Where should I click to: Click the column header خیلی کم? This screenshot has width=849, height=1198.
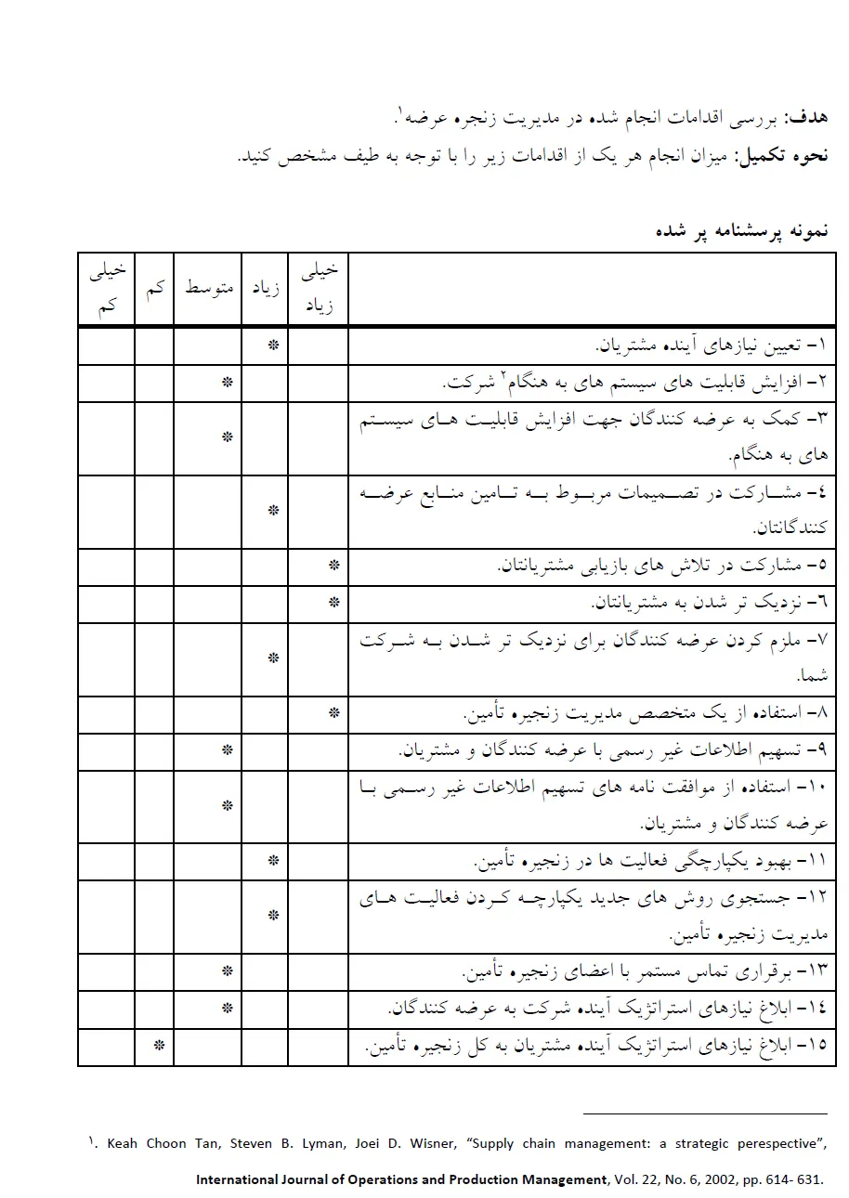[x=107, y=288]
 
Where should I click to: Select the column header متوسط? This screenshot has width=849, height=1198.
[x=208, y=288]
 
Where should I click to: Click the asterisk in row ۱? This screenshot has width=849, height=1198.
[x=273, y=345]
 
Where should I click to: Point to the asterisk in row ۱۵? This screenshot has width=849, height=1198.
[x=159, y=1047]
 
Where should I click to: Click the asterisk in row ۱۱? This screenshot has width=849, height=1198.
[x=273, y=861]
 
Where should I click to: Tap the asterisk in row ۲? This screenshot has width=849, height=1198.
[x=227, y=382]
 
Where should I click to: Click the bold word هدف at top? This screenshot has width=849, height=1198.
[x=806, y=118]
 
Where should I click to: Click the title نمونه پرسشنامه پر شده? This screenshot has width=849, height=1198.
[x=741, y=229]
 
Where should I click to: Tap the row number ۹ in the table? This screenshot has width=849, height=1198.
[x=818, y=749]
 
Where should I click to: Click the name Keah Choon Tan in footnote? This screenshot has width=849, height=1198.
[x=162, y=1143]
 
